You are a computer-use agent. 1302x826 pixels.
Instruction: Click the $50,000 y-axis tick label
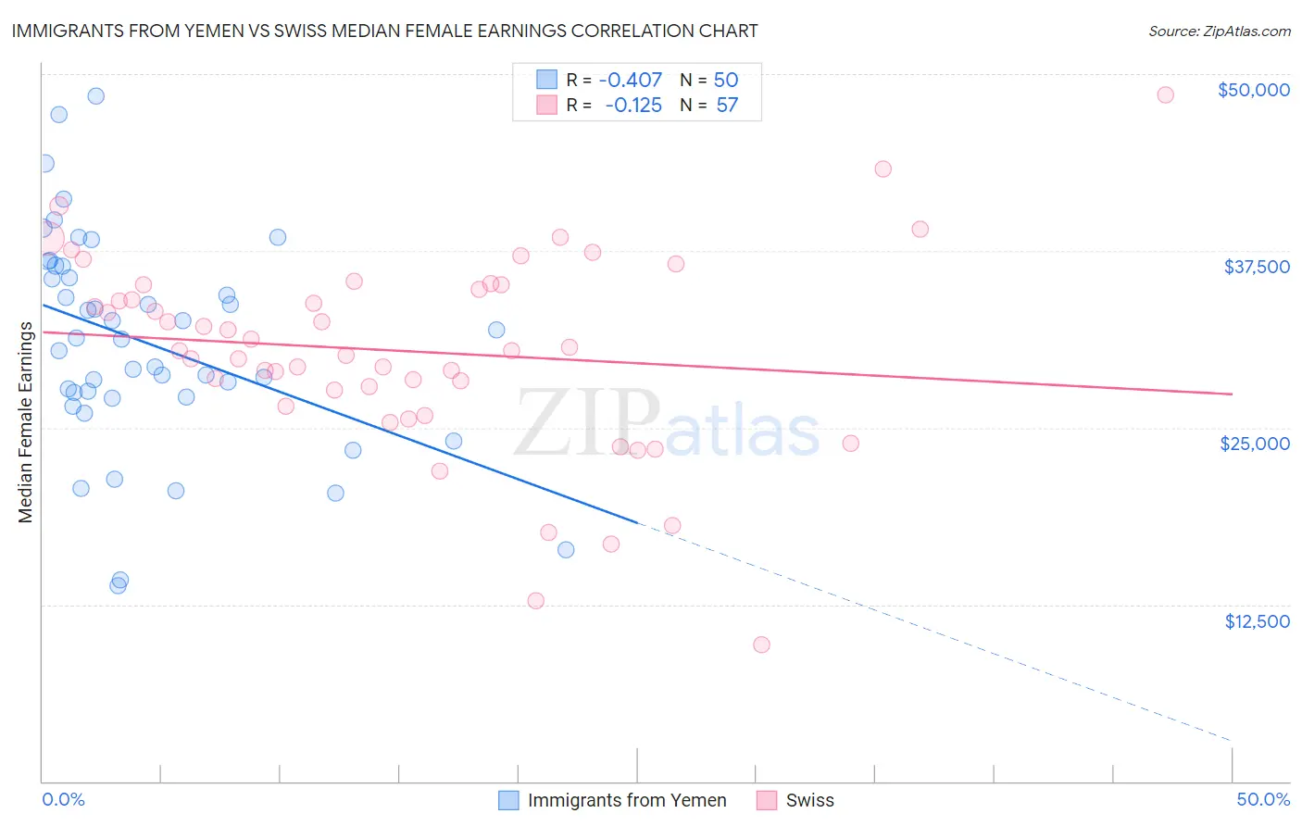[x=1253, y=90]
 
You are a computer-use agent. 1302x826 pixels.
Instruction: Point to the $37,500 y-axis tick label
[x=1256, y=267]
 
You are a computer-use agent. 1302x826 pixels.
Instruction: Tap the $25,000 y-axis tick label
[x=1255, y=444]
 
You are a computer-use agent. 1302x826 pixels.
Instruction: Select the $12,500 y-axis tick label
[x=1257, y=621]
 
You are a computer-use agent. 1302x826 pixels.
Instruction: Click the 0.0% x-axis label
[x=63, y=800]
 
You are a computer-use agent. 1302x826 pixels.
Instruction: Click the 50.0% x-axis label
[x=1263, y=800]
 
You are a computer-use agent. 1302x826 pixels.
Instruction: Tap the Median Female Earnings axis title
[x=26, y=422]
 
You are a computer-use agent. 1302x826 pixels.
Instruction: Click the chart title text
[x=384, y=31]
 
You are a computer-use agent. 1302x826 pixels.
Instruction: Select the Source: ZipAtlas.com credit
[x=1219, y=31]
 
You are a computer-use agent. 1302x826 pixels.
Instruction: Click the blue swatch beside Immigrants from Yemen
[x=508, y=801]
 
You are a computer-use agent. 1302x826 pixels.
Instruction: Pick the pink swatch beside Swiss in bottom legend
[x=767, y=801]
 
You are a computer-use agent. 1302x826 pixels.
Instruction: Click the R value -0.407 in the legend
[x=630, y=81]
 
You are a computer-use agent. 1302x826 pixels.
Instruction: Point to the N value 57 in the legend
[x=727, y=106]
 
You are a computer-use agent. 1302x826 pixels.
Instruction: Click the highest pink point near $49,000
[x=1165, y=94]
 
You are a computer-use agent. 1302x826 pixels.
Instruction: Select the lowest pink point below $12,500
[x=761, y=645]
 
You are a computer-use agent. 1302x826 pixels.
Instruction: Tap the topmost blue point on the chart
[x=95, y=95]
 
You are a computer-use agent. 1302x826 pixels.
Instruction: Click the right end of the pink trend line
[x=1232, y=394]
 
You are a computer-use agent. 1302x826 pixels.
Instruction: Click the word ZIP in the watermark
[x=587, y=421]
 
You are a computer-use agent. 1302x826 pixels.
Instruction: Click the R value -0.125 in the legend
[x=633, y=106]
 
